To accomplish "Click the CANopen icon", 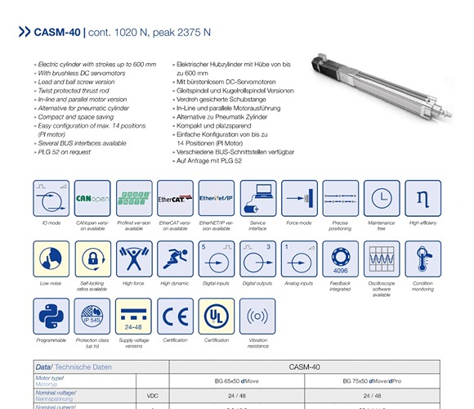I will point(92,198).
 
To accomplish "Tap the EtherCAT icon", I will point(175,198).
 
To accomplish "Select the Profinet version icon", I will point(133,198).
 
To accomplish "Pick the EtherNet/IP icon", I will point(217,198).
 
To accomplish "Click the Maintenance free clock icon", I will point(382,198).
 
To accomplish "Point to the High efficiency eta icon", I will point(423,198).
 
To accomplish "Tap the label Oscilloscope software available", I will point(382,289).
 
